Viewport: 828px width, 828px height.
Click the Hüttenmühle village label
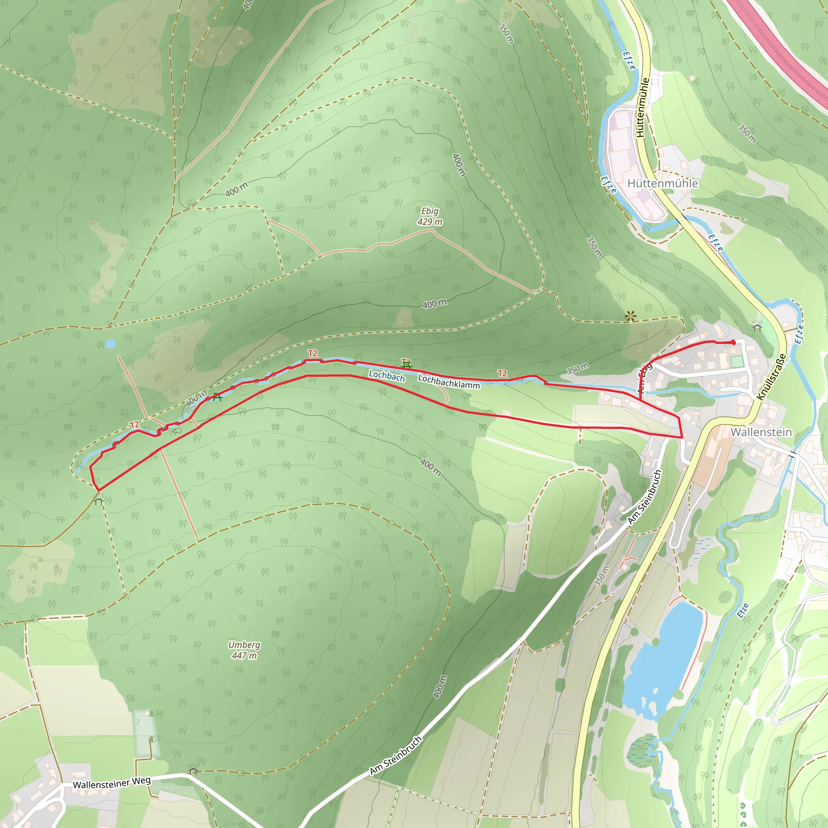(x=663, y=184)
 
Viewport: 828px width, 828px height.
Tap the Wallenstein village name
(x=761, y=432)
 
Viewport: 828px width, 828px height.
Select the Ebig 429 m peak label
(x=430, y=216)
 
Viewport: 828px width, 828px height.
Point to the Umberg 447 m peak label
(x=244, y=650)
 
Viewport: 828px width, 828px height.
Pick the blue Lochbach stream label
(x=387, y=376)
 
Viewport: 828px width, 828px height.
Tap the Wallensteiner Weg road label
(x=112, y=784)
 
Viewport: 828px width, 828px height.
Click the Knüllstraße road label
(x=771, y=377)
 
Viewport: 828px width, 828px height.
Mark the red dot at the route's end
(x=733, y=342)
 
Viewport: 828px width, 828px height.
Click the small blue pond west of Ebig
(x=110, y=344)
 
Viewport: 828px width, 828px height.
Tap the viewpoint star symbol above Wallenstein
(x=630, y=317)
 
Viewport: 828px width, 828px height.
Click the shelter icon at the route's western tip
(x=99, y=500)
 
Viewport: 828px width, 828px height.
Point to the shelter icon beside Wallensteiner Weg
(x=193, y=770)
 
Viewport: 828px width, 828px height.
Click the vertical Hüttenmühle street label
(x=642, y=107)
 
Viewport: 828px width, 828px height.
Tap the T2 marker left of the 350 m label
(x=502, y=373)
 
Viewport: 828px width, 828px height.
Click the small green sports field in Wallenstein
(x=737, y=361)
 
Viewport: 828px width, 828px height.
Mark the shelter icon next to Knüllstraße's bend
(x=757, y=326)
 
